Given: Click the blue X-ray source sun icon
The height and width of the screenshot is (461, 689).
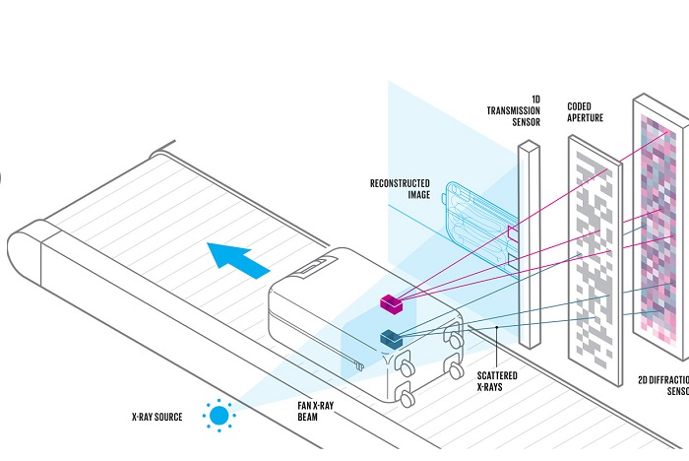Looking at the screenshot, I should pos(219,416).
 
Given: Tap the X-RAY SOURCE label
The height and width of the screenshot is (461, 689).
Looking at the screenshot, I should pos(157,418).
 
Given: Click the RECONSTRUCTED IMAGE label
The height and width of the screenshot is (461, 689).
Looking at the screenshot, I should pos(402,188).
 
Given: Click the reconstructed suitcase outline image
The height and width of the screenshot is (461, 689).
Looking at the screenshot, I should pos(473,223).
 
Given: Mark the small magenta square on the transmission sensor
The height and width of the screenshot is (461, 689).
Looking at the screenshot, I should pos(513,232).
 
